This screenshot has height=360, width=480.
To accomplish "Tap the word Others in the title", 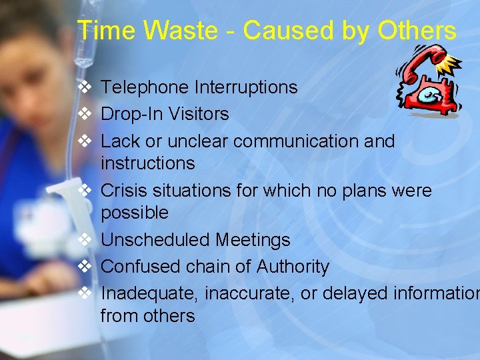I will coord(417,31).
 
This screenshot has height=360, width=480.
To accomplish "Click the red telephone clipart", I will coord(429,83).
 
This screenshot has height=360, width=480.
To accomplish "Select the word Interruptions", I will coord(246,87).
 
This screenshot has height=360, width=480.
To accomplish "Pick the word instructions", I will coord(147,163).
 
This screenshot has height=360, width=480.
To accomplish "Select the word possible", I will coord(135,213).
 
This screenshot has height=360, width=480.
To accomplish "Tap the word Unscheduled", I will coord(155,240).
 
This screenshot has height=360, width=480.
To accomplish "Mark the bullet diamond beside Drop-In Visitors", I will coord(85,114).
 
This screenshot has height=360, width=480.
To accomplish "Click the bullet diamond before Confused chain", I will coord(85,267).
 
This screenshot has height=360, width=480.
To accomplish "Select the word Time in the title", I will coord(101,31).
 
